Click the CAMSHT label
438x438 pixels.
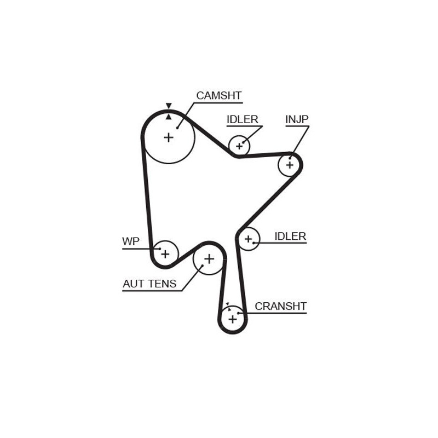click(x=218, y=95)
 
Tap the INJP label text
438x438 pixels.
click(x=297, y=119)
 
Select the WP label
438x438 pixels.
click(x=131, y=241)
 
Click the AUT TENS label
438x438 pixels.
click(x=149, y=284)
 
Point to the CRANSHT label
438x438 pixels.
click(x=280, y=307)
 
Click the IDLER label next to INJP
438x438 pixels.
click(x=242, y=119)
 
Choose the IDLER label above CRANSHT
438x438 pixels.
click(x=290, y=237)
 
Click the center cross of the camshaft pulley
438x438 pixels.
click(x=169, y=137)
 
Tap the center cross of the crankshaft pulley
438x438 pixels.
click(x=233, y=319)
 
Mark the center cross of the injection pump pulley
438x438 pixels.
click(x=290, y=165)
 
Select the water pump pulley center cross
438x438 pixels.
click(x=165, y=254)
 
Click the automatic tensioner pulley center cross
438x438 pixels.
click(x=209, y=259)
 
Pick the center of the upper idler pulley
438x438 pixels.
click(x=239, y=146)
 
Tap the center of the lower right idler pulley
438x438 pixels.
click(x=249, y=239)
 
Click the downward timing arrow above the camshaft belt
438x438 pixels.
click(x=169, y=106)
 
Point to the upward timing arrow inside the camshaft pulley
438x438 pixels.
click(x=169, y=117)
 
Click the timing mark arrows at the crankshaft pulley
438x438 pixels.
click(x=228, y=307)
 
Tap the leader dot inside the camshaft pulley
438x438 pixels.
click(x=177, y=128)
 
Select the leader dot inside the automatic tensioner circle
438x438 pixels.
click(x=203, y=266)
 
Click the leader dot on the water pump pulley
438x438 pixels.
click(x=160, y=249)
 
